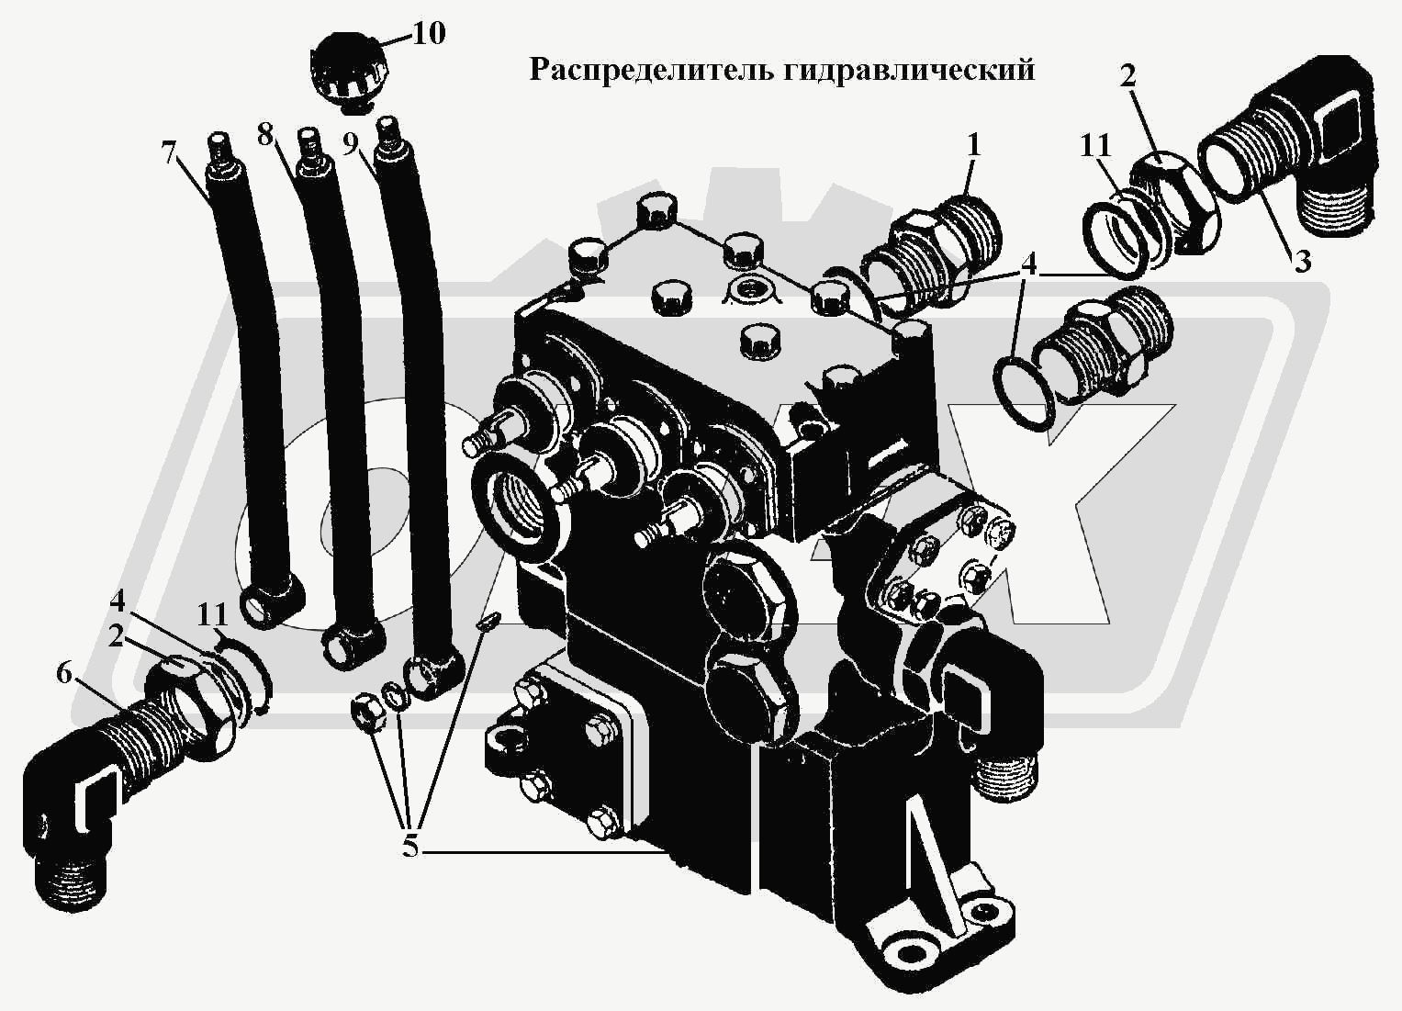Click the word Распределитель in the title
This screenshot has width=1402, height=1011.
pyautogui.click(x=653, y=71)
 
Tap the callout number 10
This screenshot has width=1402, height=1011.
pyautogui.click(x=429, y=33)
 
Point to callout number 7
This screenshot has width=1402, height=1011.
pyautogui.click(x=170, y=153)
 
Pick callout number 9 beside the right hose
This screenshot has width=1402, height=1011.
pyautogui.click(x=351, y=143)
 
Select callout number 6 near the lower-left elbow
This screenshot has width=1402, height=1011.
pyautogui.click(x=65, y=674)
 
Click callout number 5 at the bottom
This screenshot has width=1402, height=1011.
pyautogui.click(x=409, y=848)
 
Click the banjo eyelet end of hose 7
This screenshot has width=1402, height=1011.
pyautogui.click(x=271, y=604)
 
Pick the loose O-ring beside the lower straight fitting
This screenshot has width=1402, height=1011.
pyautogui.click(x=1026, y=394)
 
